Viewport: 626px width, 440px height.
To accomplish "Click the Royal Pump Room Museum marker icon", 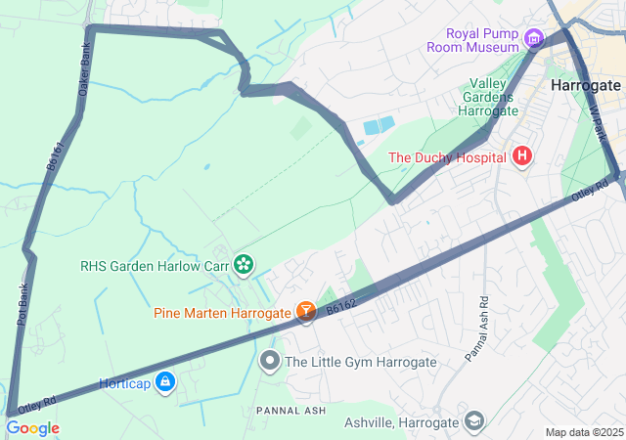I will (x=533, y=39).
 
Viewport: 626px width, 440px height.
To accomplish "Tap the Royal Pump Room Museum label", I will (x=473, y=39).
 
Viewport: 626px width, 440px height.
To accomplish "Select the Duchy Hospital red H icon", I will (x=522, y=156).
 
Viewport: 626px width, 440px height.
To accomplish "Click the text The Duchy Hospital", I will (x=446, y=157).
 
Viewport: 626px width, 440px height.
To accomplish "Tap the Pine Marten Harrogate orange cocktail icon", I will (x=306, y=312).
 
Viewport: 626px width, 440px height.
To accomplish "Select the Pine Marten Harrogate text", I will (x=222, y=313).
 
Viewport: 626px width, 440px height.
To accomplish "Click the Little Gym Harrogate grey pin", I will (x=269, y=362).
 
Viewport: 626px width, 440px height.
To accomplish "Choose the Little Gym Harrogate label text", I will (x=360, y=362).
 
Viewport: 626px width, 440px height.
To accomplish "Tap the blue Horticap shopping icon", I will (x=165, y=382).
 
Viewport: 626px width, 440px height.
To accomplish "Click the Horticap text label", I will (x=124, y=383).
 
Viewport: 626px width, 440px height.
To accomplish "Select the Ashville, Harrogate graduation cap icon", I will (x=474, y=421).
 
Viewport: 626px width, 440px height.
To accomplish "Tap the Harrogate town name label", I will (x=586, y=85).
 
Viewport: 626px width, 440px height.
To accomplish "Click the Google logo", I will (x=32, y=428).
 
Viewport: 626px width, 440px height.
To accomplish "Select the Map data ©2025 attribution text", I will (x=583, y=432).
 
